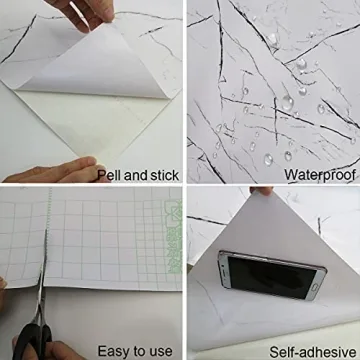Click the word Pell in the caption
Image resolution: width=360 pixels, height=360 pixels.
click(x=110, y=175)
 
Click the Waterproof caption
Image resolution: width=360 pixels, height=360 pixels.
click(x=320, y=175)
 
